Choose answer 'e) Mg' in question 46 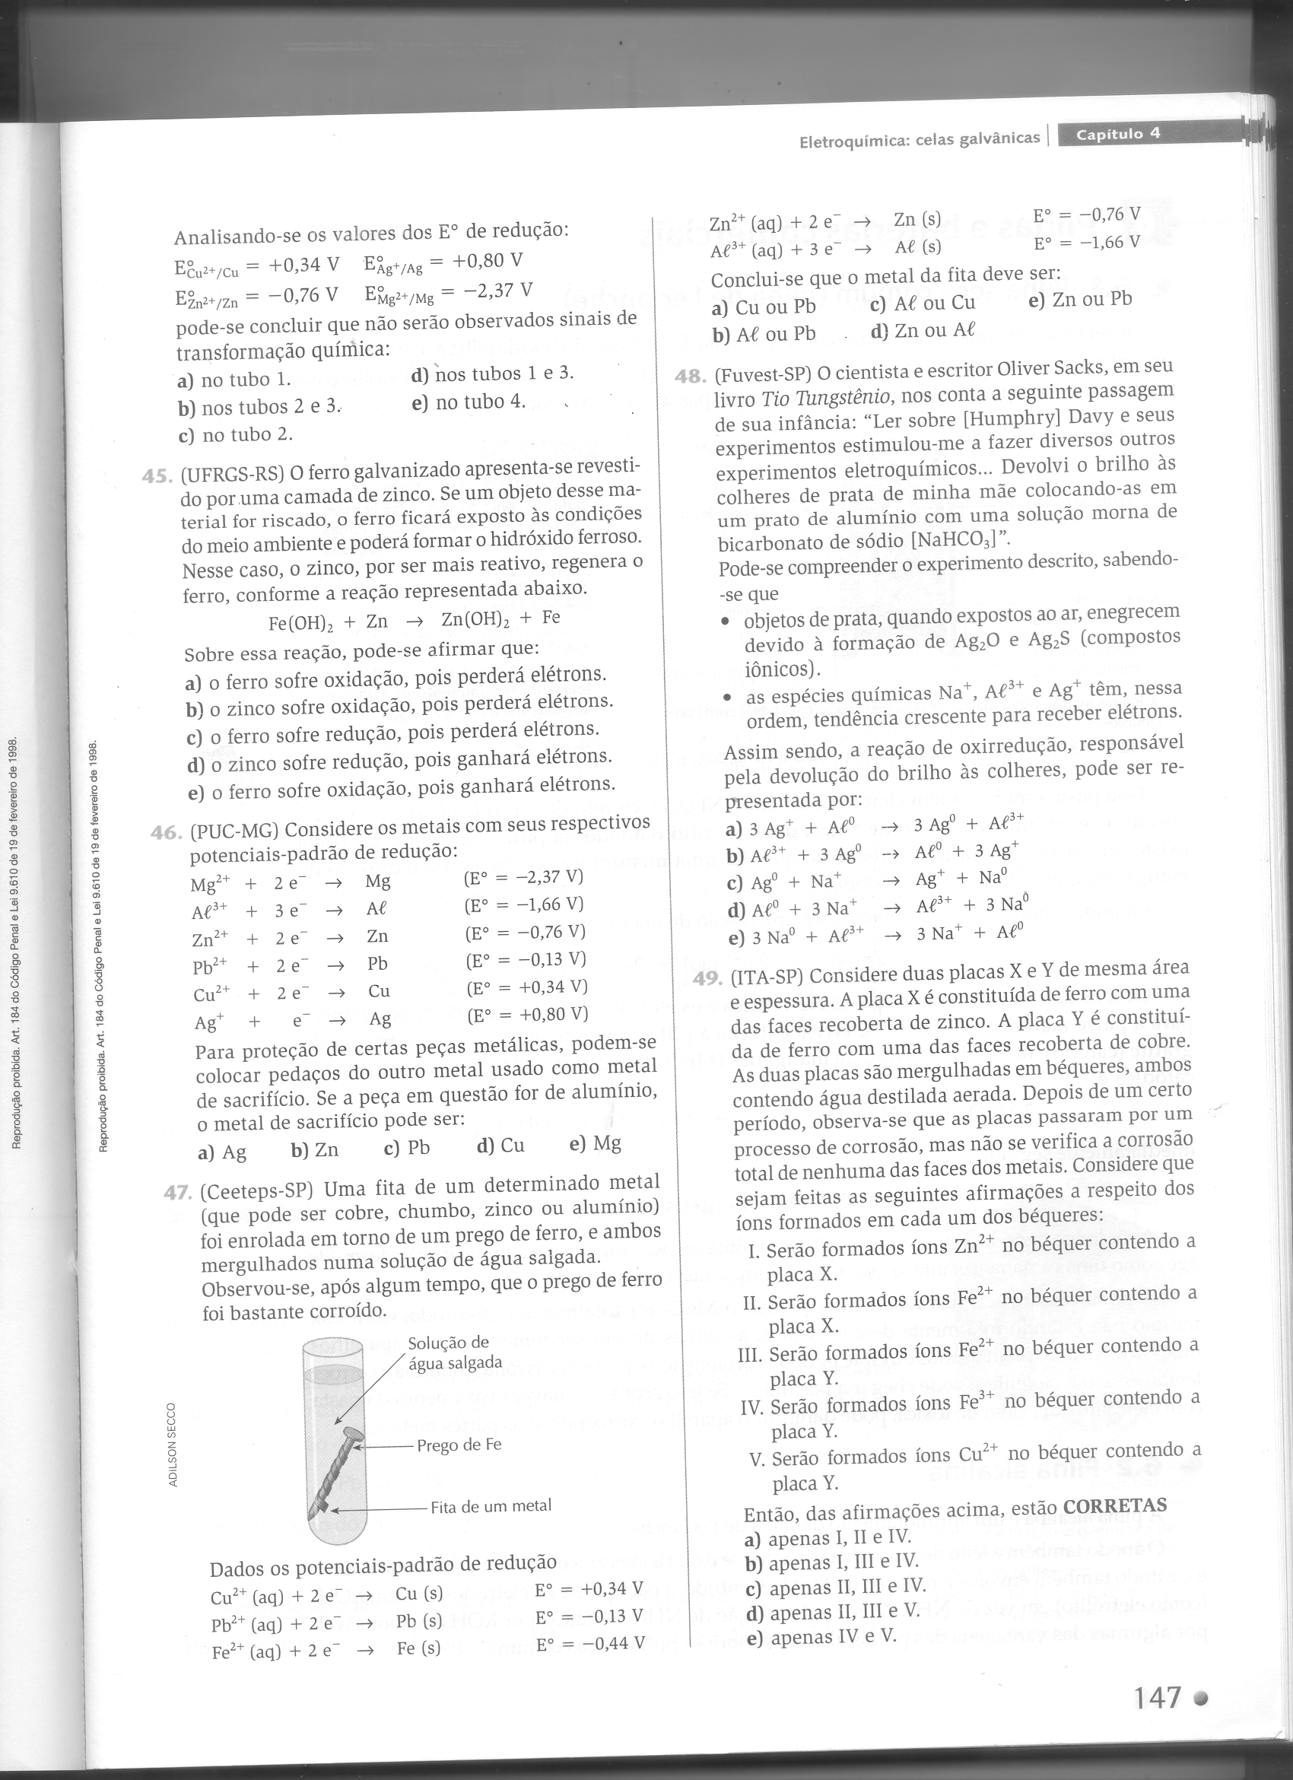coord(595,1143)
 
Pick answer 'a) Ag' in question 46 coord(222,1152)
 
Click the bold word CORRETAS coord(1114,1505)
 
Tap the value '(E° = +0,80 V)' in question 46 coord(527,1015)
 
